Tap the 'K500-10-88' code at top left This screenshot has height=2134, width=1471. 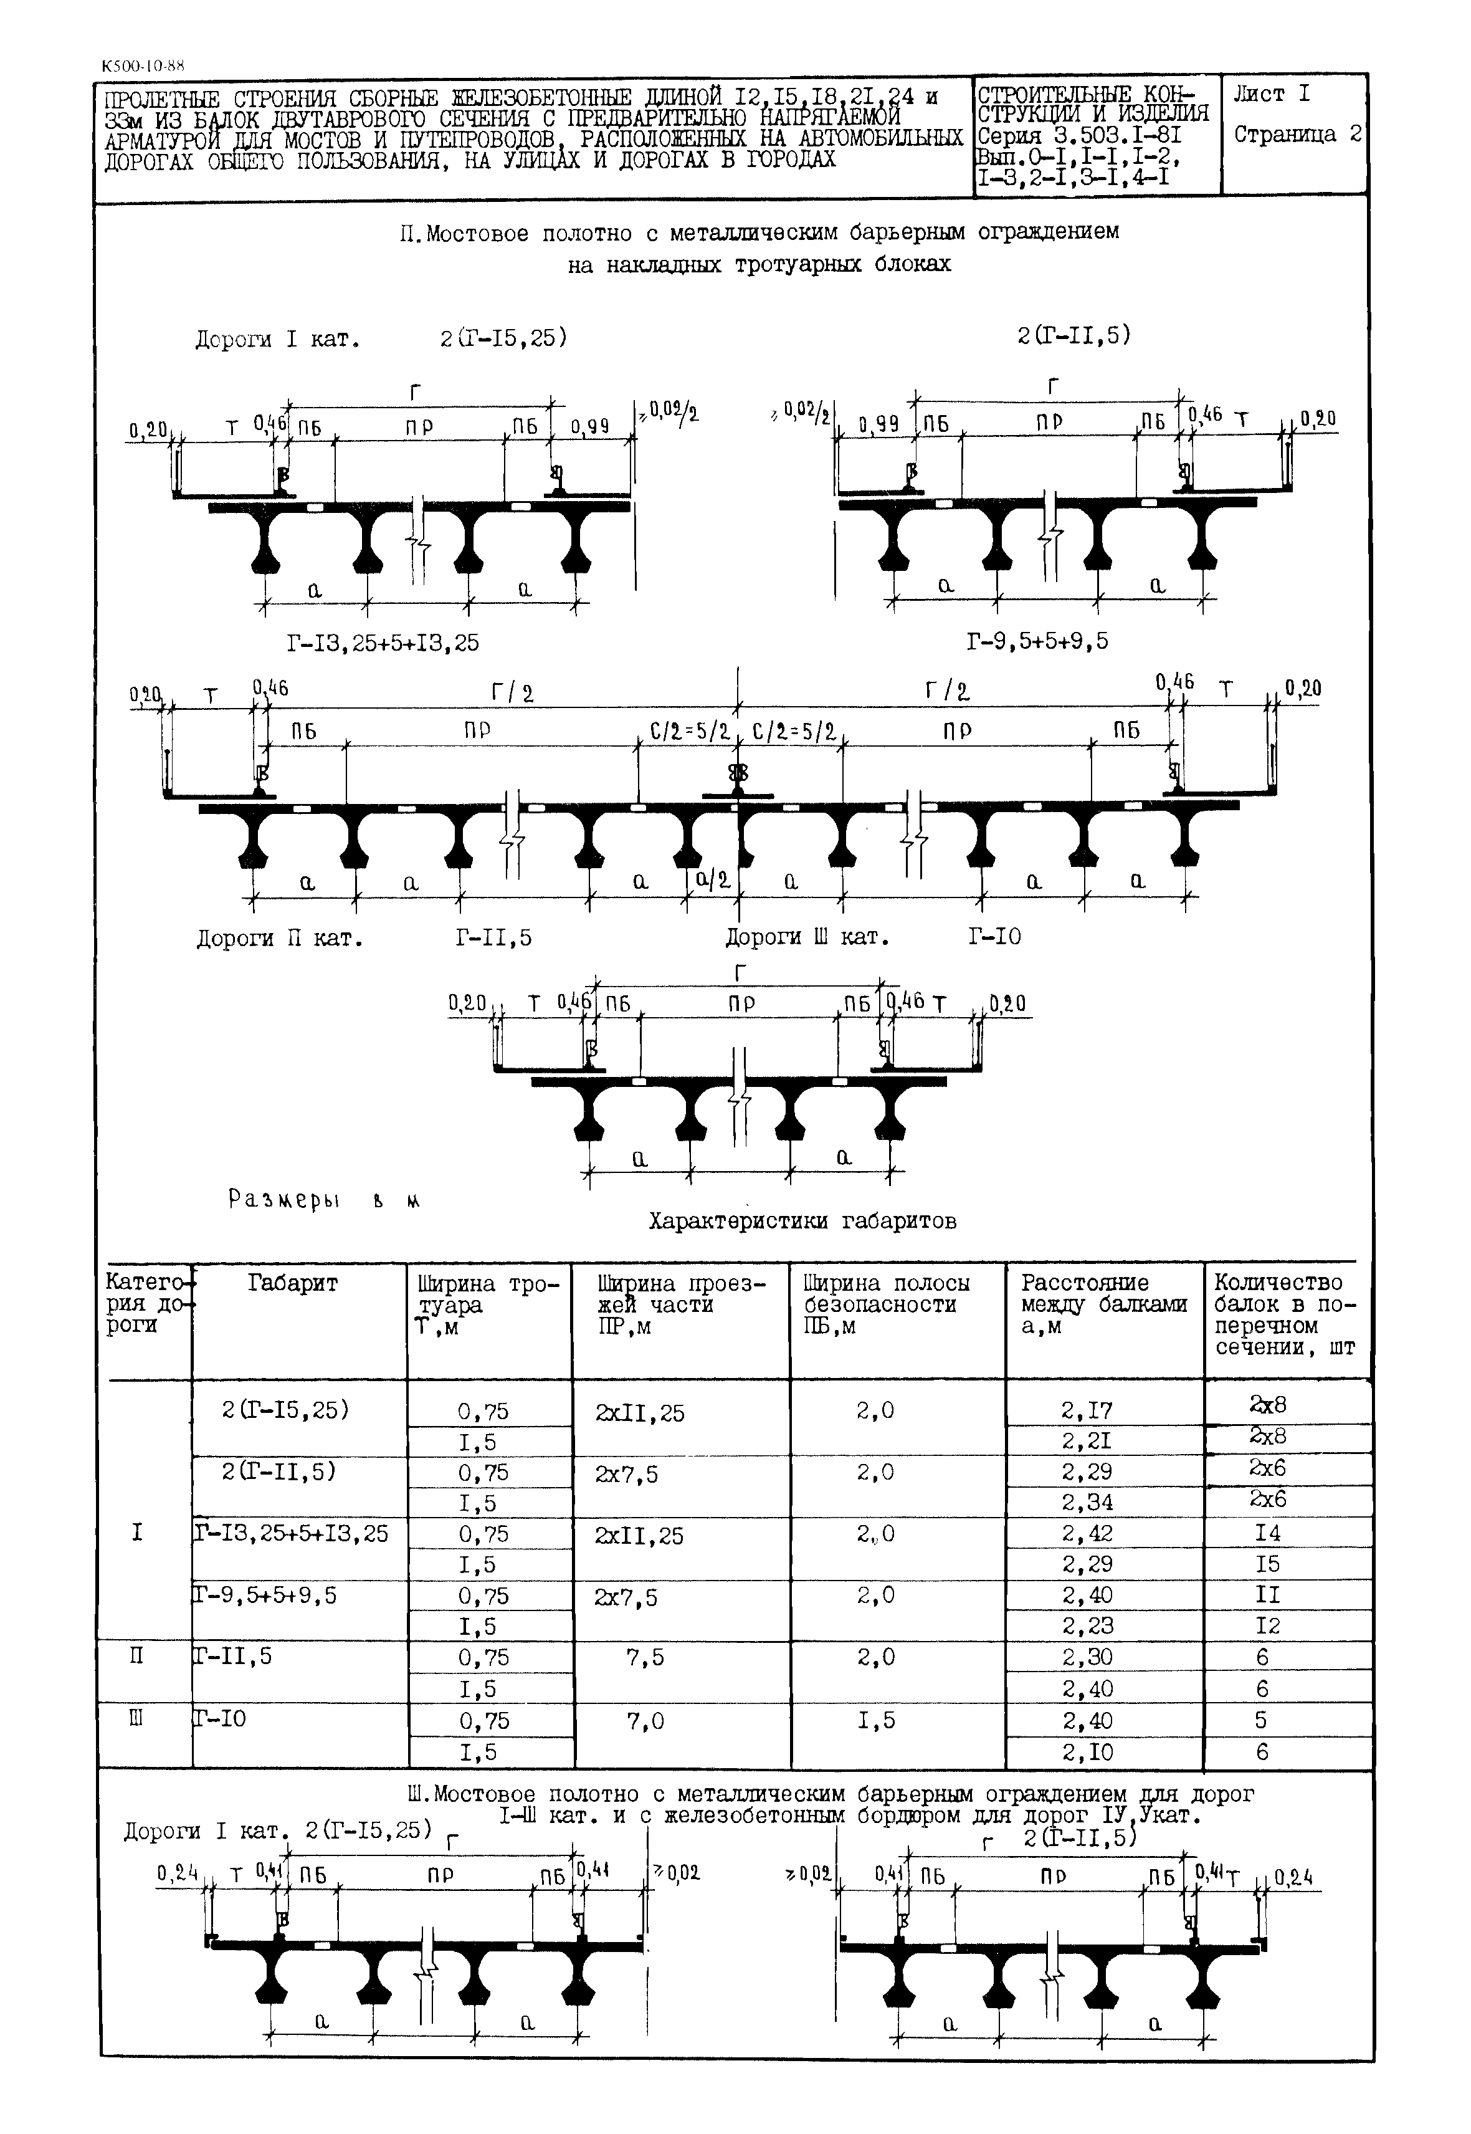click(x=143, y=66)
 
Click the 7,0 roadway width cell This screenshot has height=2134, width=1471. click(x=645, y=1721)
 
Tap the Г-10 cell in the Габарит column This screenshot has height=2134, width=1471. click(x=221, y=1718)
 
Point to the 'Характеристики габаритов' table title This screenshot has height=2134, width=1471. click(x=802, y=1222)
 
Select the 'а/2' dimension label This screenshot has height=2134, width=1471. click(x=713, y=879)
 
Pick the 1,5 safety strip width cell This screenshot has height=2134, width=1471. click(x=875, y=1720)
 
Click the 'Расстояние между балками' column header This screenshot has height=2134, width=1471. click(x=1103, y=1304)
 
